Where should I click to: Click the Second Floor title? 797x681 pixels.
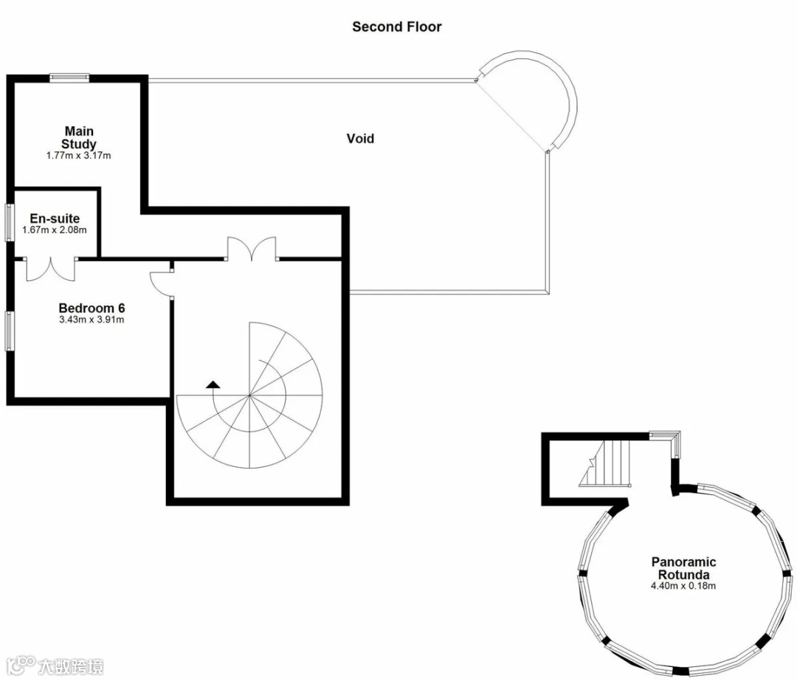coord(397,27)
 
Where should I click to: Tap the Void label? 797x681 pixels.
coord(360,139)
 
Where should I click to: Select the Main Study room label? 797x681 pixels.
coord(79,138)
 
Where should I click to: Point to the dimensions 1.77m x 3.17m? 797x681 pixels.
coord(79,156)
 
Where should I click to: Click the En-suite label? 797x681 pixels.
coord(55,218)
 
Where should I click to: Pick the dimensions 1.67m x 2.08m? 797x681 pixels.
coord(55,229)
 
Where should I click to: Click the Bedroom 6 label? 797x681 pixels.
coord(92,308)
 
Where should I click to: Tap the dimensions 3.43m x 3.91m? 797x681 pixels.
coord(92,319)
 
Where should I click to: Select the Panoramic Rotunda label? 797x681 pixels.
coord(683,568)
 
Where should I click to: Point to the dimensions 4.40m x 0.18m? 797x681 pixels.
coord(683,586)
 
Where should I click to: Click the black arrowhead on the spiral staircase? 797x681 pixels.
coord(213,384)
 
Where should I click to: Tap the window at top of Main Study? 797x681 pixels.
coord(69,77)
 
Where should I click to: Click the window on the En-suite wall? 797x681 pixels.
coord(10,222)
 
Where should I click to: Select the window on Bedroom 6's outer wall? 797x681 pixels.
coord(10,331)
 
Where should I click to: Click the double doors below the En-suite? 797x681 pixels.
coord(51,269)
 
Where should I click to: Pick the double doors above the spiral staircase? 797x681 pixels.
coord(252,249)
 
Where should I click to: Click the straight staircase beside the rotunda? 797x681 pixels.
coord(605,463)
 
